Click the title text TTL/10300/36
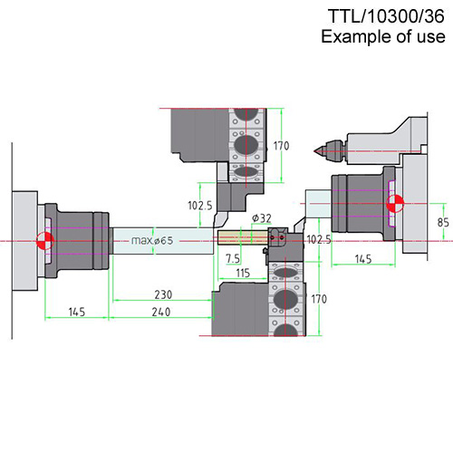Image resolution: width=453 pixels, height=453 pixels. (386, 16)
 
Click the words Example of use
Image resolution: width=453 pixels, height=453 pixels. (383, 36)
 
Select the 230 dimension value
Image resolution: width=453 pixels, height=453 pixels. (163, 294)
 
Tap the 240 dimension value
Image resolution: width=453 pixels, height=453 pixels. (161, 312)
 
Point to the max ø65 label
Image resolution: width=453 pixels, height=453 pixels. (152, 241)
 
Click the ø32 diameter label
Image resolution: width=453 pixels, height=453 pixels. (262, 218)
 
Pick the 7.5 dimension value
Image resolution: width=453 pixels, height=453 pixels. (233, 258)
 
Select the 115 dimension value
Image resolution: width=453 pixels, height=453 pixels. (243, 273)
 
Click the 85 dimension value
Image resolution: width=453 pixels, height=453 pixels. (443, 222)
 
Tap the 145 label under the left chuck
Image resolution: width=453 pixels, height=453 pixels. (77, 312)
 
